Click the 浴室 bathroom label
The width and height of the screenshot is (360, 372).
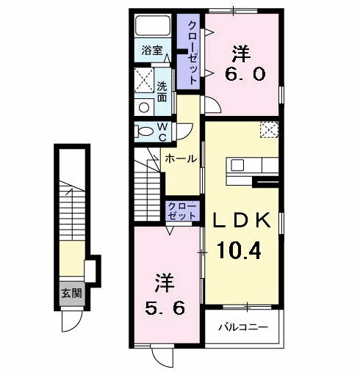(x=153, y=51)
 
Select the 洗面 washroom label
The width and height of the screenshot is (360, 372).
(x=162, y=91)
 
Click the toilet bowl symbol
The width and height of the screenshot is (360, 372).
(x=142, y=132)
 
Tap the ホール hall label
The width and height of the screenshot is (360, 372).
(x=180, y=158)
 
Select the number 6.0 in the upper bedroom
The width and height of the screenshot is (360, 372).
(x=242, y=74)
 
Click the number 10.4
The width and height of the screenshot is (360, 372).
(x=240, y=252)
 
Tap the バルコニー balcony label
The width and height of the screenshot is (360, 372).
(x=242, y=328)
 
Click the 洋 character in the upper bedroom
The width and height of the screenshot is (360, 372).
(x=240, y=52)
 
